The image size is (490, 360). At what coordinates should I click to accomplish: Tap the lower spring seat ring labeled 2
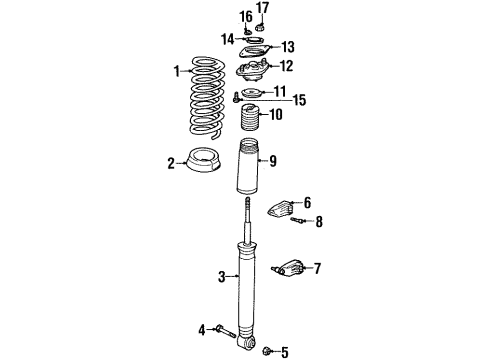click(x=207, y=162)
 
